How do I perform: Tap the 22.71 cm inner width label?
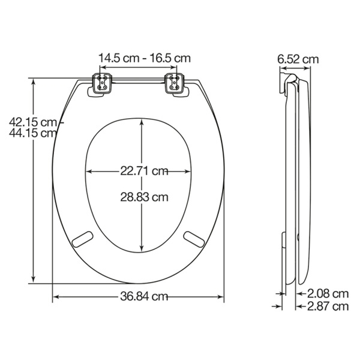tap(143, 171)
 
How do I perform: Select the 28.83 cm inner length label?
tap(143, 197)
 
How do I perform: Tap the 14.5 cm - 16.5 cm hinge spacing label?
tap(144, 58)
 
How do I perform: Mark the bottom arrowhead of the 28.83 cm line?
tap(142, 248)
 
